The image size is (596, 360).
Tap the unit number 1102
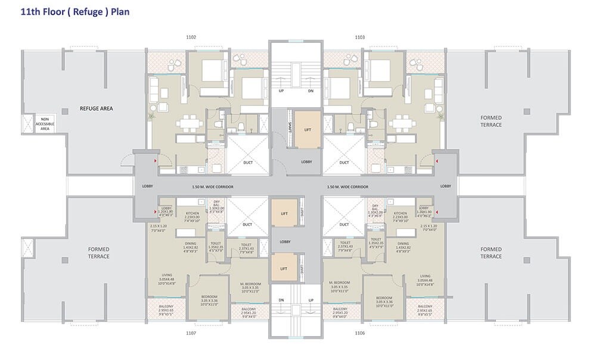(191, 38)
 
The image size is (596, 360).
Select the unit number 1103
(359, 38)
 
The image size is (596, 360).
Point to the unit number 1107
(191, 334)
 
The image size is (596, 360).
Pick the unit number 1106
(359, 334)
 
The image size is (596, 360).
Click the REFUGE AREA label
(97, 108)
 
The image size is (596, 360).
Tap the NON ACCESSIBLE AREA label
(45, 123)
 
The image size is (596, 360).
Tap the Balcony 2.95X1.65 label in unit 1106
(424, 310)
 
